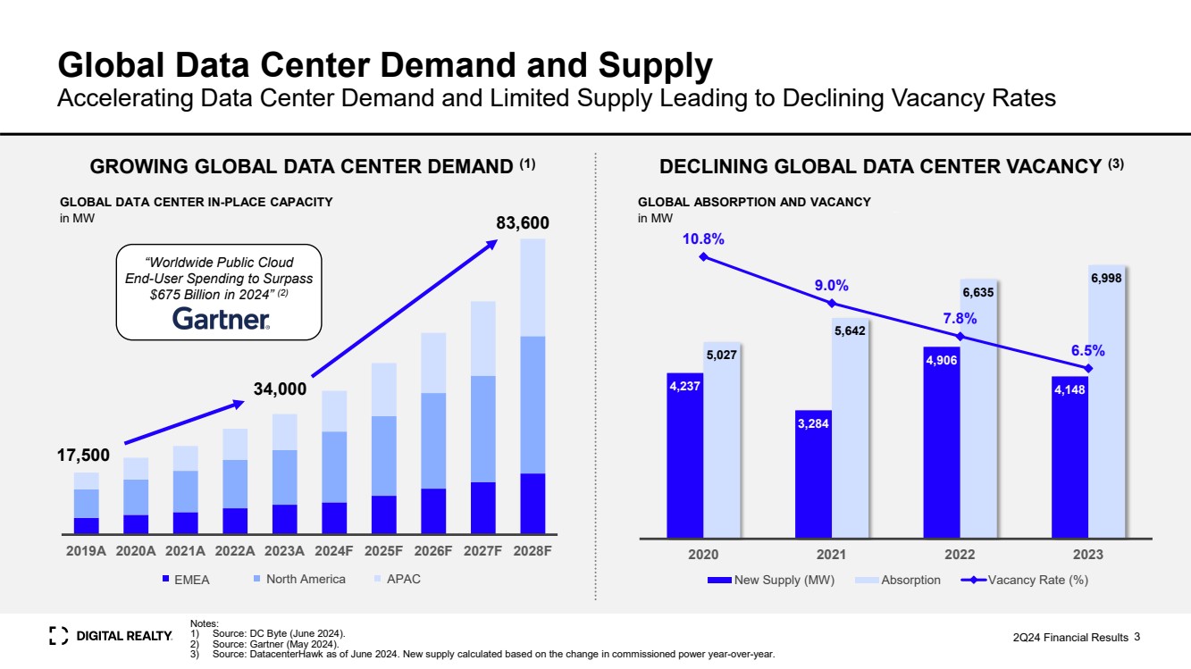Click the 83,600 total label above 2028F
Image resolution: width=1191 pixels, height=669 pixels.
click(523, 222)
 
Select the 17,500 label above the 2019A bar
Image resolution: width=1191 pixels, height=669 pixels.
click(83, 456)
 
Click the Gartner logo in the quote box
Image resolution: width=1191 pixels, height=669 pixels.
click(220, 319)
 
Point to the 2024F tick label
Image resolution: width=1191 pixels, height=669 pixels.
click(334, 551)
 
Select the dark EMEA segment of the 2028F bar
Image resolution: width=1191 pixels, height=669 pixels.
click(533, 503)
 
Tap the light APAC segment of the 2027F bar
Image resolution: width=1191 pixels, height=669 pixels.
click(483, 339)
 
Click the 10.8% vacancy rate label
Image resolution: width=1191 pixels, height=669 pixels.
click(703, 238)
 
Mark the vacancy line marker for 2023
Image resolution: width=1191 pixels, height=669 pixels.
click(1088, 368)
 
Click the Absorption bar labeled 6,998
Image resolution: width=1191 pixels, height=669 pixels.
click(1106, 402)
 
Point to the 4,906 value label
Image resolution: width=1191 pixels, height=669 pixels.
click(942, 360)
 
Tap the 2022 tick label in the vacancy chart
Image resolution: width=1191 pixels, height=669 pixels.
click(960, 555)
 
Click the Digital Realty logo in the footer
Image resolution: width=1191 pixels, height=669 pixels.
click(111, 635)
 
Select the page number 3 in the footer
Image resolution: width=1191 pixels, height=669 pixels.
click(1137, 637)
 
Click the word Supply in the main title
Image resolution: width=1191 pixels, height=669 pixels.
click(658, 65)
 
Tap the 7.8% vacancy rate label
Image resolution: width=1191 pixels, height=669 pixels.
click(960, 318)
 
